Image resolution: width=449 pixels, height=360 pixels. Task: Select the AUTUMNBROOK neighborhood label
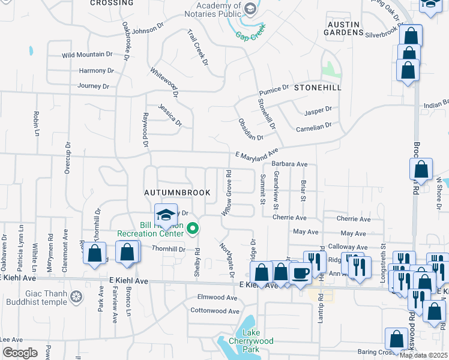[x=178, y=193]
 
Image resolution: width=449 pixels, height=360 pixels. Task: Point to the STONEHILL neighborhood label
[x=318, y=88]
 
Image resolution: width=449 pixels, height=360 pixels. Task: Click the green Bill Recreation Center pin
[x=193, y=228]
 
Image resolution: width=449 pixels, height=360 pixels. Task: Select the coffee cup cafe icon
[x=300, y=273]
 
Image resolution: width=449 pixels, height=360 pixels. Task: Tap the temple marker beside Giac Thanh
[x=76, y=296]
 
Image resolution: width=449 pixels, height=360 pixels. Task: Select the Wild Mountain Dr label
[x=88, y=55]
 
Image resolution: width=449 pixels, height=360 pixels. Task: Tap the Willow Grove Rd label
[x=227, y=193]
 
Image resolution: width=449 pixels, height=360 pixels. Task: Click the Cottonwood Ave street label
[x=214, y=311]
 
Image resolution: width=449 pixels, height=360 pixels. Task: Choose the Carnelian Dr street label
[x=313, y=127]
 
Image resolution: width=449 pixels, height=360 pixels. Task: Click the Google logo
[x=20, y=353]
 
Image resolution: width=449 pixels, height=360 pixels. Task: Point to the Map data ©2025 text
[x=423, y=355]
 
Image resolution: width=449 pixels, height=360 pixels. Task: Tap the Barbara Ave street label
[x=289, y=164]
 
